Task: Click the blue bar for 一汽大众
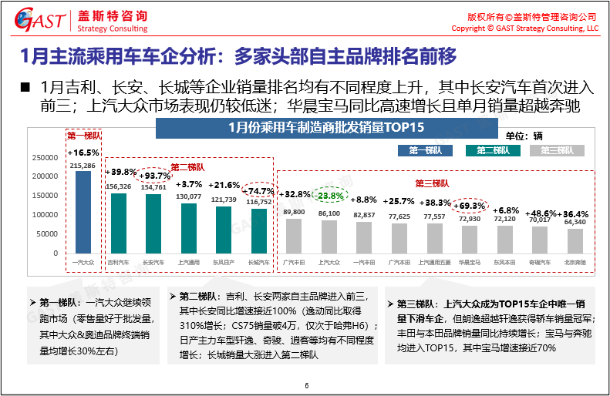click(83, 212)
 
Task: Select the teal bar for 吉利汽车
click(118, 223)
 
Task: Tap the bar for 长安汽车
click(153, 223)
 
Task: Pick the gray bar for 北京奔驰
click(575, 240)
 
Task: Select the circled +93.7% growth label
click(153, 175)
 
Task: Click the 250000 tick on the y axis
click(45, 157)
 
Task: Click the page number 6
click(306, 385)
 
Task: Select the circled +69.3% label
click(469, 206)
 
